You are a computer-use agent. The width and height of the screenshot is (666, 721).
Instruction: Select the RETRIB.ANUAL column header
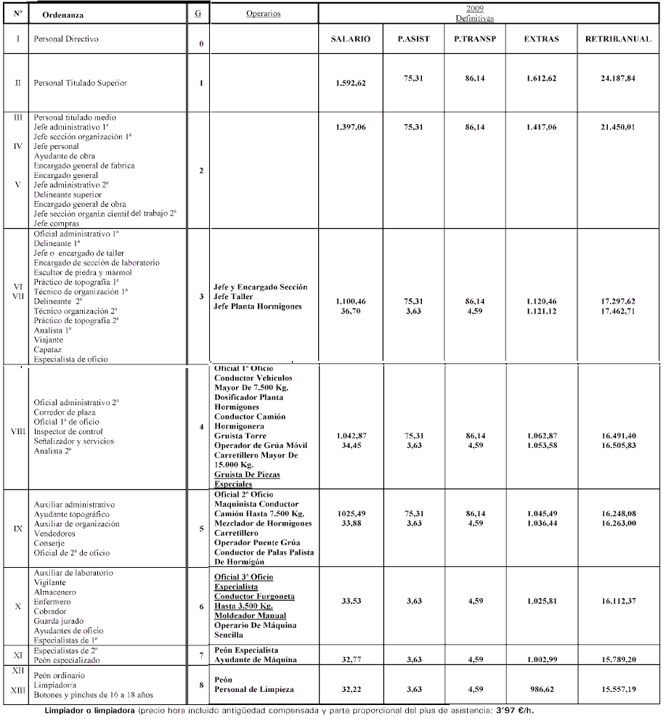coord(610,39)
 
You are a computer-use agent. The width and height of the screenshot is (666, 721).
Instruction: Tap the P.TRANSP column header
coord(475,39)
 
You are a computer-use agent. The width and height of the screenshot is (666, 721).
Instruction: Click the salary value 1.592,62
coord(351,83)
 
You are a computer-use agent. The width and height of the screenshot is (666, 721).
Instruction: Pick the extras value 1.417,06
coord(541,127)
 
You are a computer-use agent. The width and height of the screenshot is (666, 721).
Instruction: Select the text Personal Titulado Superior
coord(80,83)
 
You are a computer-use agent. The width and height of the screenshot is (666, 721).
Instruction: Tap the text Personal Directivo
coord(65,38)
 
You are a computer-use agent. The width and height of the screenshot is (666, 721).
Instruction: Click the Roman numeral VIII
coord(19,431)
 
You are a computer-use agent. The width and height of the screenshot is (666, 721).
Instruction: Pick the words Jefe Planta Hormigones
coord(257,306)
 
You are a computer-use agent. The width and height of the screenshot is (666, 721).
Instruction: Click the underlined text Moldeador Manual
coord(250,616)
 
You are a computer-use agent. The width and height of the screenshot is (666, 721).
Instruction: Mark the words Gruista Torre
coord(240,436)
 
